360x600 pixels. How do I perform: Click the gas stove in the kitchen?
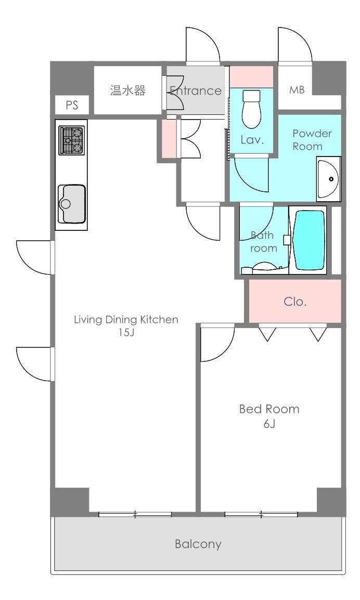(x=72, y=140)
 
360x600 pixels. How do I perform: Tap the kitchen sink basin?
(x=72, y=204)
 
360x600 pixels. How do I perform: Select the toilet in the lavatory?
(x=251, y=109)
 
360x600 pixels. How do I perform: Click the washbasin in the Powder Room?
(x=328, y=179)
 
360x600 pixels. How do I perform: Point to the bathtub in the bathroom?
(x=308, y=240)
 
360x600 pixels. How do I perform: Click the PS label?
(x=72, y=105)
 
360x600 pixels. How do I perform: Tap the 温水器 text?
(x=128, y=90)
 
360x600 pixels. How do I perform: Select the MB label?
(x=297, y=90)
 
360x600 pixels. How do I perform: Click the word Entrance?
(x=196, y=90)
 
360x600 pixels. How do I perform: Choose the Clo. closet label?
(x=295, y=302)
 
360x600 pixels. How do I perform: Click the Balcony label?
(x=198, y=544)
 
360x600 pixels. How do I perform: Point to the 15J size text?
(x=126, y=332)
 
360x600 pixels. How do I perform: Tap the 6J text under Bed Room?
(x=269, y=424)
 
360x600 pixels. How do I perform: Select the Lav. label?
(x=252, y=140)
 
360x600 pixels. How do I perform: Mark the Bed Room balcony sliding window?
(x=261, y=515)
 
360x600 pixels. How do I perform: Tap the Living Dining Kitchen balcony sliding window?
(x=135, y=515)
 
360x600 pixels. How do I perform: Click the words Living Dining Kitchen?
(x=126, y=320)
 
